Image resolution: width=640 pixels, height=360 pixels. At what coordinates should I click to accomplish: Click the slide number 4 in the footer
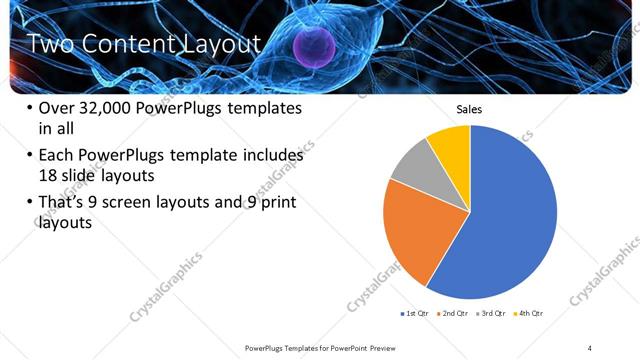click(x=590, y=347)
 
